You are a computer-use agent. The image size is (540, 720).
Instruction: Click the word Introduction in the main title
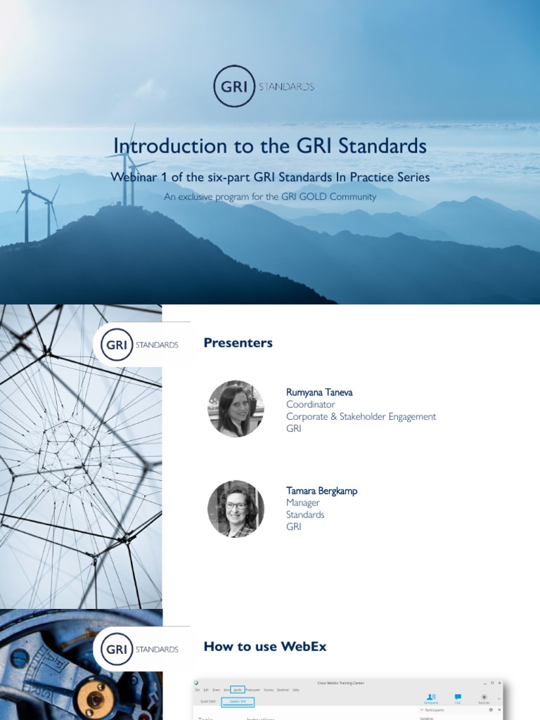[159, 146]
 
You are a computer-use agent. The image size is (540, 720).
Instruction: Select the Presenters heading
[238, 343]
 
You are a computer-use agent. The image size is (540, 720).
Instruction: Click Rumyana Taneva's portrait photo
[236, 409]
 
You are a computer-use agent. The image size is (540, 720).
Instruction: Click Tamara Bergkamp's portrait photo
[236, 509]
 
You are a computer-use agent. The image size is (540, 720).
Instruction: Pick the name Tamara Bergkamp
[321, 491]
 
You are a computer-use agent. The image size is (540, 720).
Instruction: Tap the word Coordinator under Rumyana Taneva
[310, 404]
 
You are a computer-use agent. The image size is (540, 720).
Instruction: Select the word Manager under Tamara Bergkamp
[303, 503]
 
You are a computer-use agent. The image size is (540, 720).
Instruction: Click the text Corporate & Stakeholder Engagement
[361, 416]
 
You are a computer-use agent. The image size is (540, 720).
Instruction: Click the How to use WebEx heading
[265, 646]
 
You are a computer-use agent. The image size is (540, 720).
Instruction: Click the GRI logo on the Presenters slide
[117, 345]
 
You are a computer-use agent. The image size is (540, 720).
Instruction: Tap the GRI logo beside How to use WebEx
[117, 649]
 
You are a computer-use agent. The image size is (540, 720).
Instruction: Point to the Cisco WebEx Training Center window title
[341, 683]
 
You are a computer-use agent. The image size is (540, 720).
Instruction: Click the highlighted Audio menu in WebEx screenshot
[238, 690]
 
